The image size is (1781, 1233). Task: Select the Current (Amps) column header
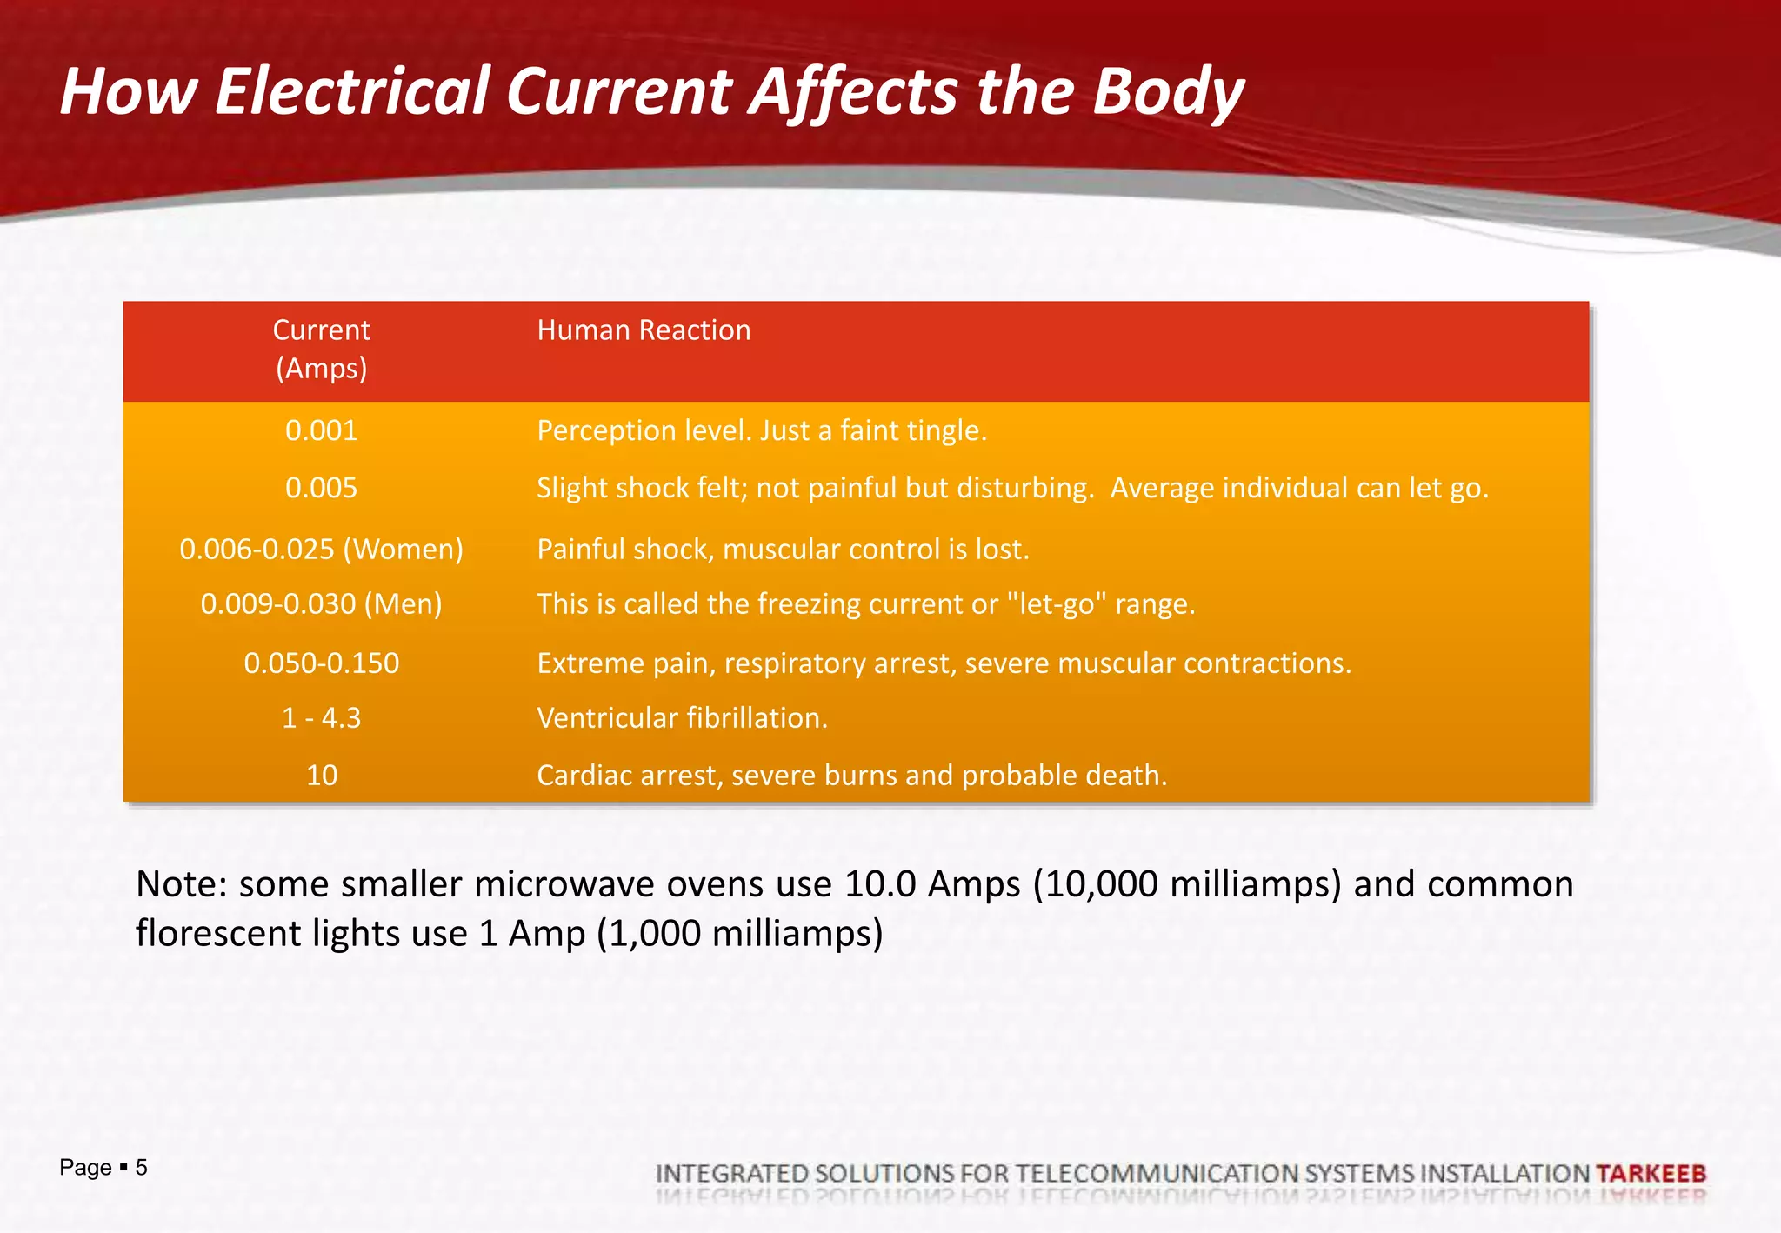pos(321,349)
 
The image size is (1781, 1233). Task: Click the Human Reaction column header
pos(644,330)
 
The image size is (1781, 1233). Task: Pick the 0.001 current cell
pos(321,430)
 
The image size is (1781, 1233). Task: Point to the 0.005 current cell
pos(321,488)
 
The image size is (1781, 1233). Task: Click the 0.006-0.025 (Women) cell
pos(321,549)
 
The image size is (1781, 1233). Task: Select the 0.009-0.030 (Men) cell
pos(321,603)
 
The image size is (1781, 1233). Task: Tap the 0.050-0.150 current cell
pos(321,663)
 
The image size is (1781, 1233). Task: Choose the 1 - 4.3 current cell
pos(321,718)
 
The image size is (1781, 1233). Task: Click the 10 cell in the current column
pos(321,775)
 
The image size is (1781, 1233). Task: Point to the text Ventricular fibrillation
pos(682,718)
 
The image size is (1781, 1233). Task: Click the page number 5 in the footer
pos(141,1167)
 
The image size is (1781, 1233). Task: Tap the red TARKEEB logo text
pos(1651,1174)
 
